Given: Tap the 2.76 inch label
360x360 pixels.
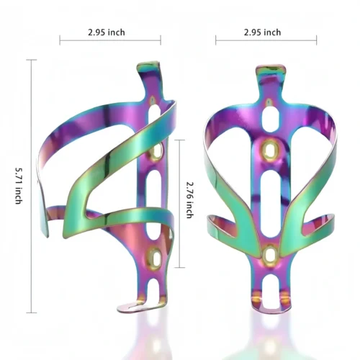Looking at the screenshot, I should point(189,199).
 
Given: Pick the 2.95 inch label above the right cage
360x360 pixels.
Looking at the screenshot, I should point(262,32).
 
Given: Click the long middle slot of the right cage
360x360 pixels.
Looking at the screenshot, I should point(269,202).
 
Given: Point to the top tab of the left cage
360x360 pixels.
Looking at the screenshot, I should point(146,71).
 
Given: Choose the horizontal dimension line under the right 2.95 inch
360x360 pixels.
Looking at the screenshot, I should point(262,41).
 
